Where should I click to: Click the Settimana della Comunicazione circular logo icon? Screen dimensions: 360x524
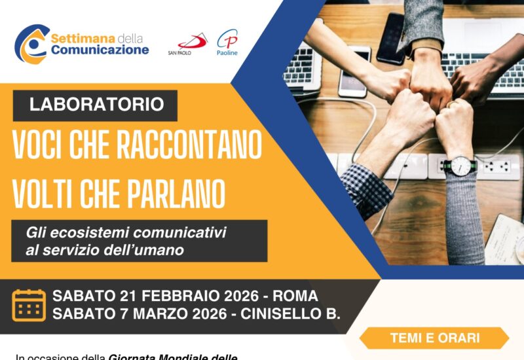pos(31,44)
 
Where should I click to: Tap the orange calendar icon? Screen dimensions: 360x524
pos(29,305)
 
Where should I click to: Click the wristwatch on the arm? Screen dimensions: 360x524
pos(460,167)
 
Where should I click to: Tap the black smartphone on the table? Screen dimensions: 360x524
pos(390,38)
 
